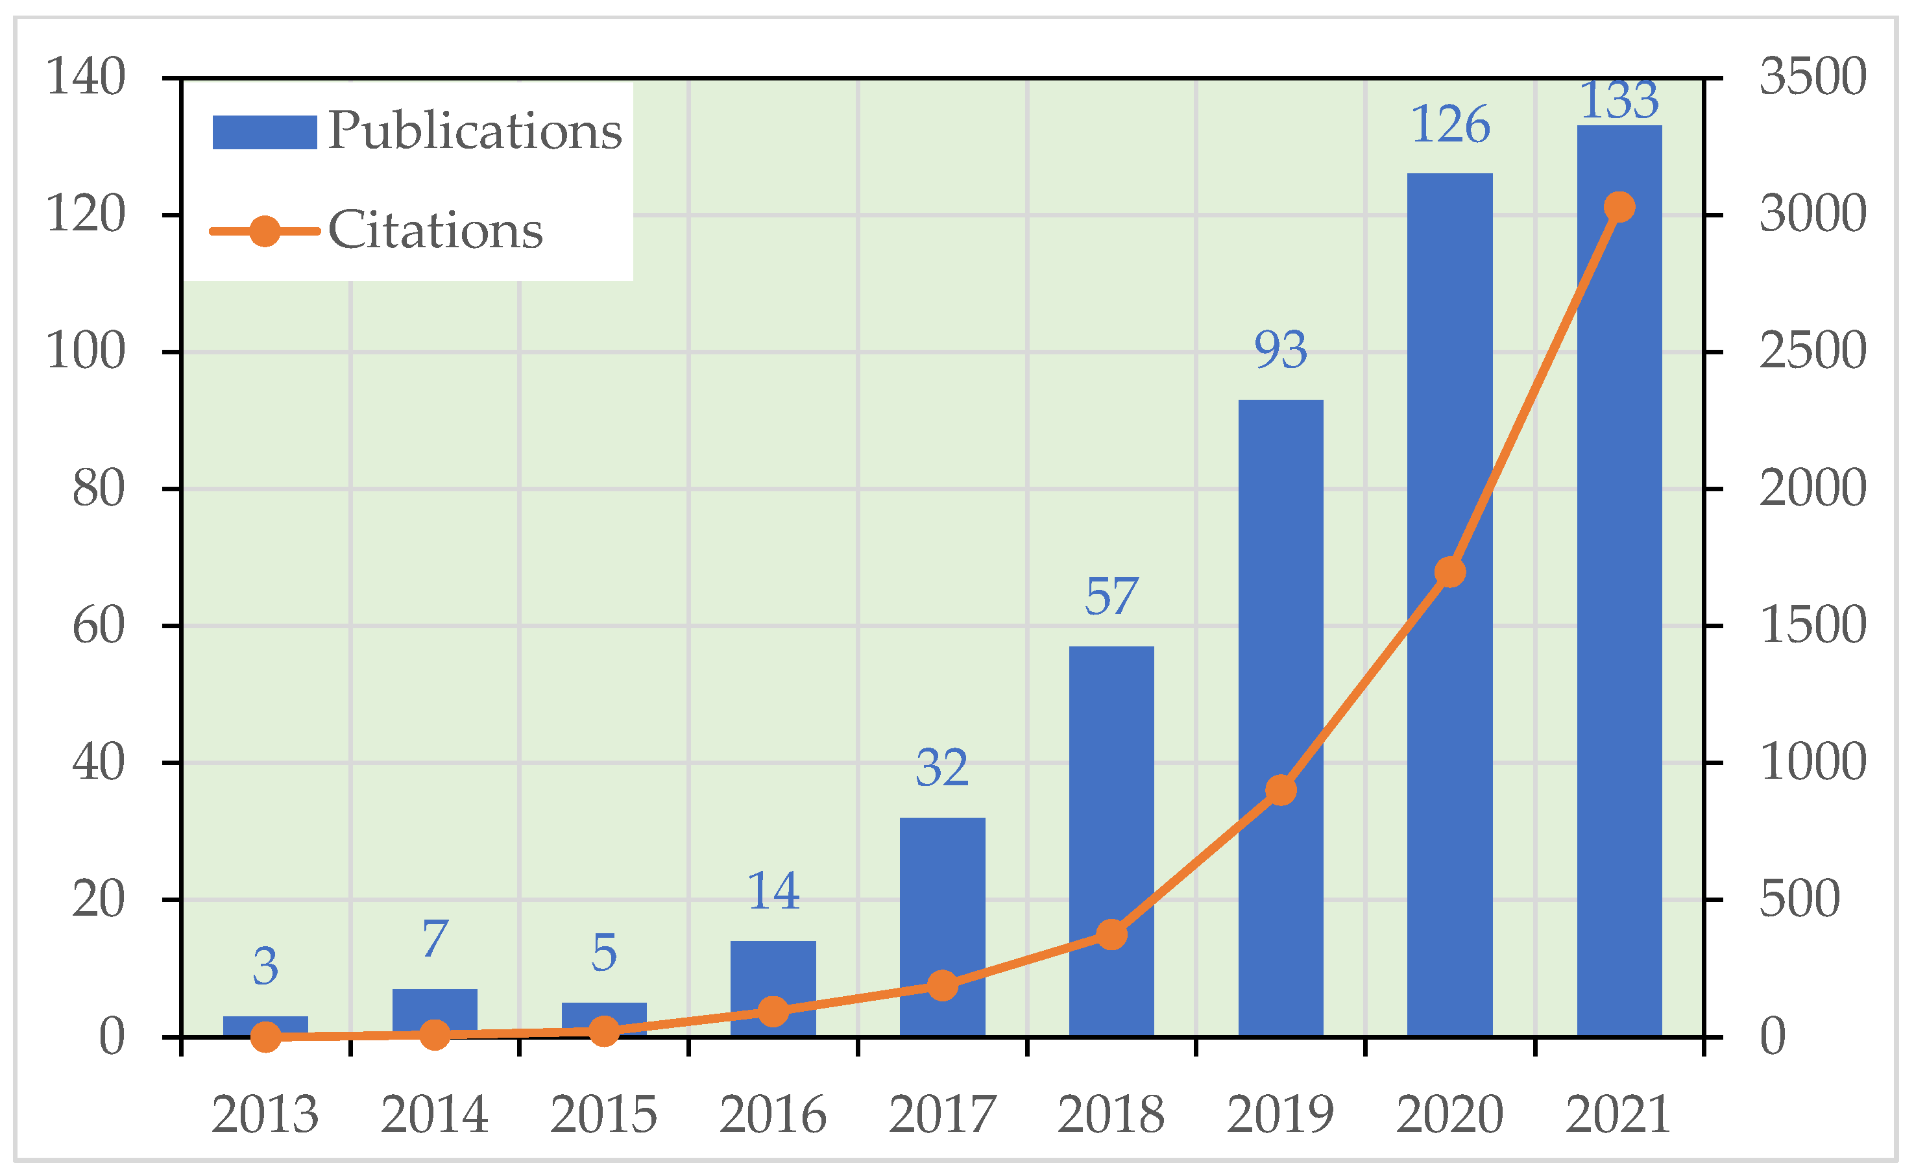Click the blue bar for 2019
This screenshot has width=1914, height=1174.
point(1280,622)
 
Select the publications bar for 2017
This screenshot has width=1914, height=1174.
point(942,894)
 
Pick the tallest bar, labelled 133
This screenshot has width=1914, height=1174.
point(1619,544)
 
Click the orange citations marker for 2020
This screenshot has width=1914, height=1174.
point(1449,572)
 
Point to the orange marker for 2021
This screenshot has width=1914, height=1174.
point(1619,206)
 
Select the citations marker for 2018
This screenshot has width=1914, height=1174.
point(1111,934)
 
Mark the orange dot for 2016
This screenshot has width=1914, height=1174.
point(773,1011)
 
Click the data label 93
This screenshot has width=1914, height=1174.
point(1280,350)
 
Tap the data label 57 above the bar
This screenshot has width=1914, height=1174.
point(1111,596)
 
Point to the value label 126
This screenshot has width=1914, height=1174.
point(1449,125)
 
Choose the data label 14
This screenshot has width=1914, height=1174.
point(773,891)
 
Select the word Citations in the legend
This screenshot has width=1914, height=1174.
point(435,231)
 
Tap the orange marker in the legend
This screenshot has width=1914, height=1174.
point(265,231)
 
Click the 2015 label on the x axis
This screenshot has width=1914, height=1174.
point(603,1115)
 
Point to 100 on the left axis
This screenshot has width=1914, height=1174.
point(86,351)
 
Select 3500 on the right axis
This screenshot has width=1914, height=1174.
point(1812,77)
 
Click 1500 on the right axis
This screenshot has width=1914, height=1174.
point(1812,626)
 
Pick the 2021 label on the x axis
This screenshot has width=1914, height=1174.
point(1619,1115)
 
